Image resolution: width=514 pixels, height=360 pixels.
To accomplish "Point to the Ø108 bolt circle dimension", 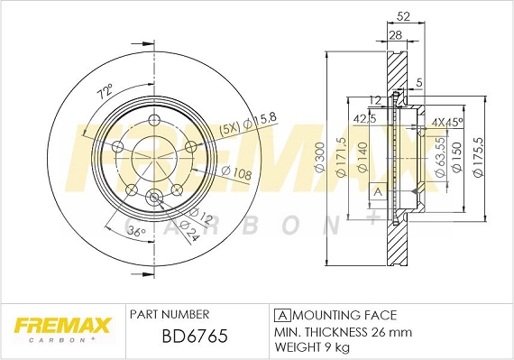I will (236, 171).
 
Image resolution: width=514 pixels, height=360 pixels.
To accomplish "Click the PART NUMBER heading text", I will (170, 314).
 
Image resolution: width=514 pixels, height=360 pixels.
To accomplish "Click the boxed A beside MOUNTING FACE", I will (281, 315).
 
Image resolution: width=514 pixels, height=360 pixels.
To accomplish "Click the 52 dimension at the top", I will (403, 15).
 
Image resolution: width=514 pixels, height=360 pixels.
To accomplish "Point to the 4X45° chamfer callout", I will (448, 121).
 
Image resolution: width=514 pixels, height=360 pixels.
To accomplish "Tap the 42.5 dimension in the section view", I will (365, 119).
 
